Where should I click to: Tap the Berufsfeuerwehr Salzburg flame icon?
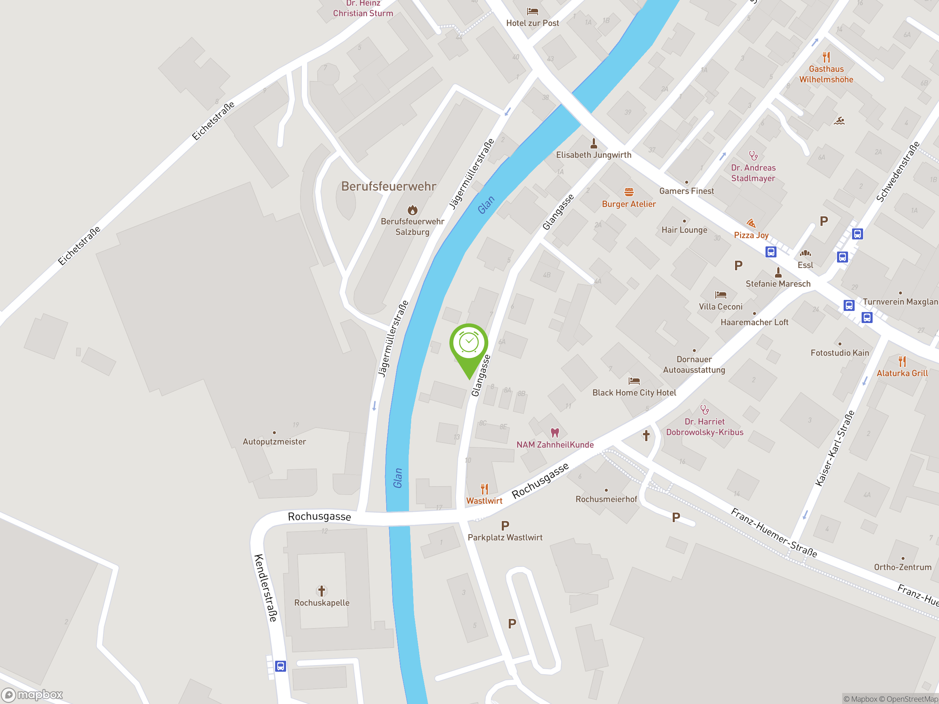(412, 210)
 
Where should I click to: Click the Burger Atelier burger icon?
(629, 192)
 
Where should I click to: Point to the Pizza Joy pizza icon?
(751, 223)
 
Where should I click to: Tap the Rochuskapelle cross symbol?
(321, 590)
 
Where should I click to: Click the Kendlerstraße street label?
(266, 588)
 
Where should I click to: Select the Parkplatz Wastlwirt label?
(505, 537)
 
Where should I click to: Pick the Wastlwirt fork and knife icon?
(485, 489)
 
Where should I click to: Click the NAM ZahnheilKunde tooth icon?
(554, 433)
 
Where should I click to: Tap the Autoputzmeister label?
(274, 442)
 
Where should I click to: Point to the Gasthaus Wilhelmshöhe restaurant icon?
(826, 57)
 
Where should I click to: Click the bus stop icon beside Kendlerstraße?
(280, 666)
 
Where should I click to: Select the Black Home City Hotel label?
(634, 393)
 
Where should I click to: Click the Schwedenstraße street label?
(898, 172)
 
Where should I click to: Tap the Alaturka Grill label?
(902, 373)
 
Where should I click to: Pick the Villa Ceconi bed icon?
(720, 294)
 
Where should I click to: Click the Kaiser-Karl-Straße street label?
(834, 448)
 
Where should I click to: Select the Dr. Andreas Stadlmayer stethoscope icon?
(753, 156)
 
